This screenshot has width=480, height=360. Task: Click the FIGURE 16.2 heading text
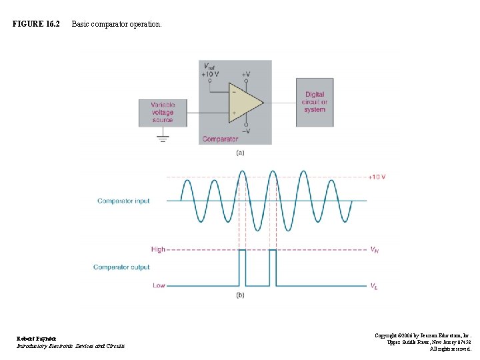[x=36, y=25]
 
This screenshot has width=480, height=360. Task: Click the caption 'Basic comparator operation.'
[x=116, y=25]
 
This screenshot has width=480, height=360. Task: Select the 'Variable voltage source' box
[x=163, y=113]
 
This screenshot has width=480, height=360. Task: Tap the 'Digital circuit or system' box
[x=315, y=102]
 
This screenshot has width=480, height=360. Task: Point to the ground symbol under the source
[x=163, y=139]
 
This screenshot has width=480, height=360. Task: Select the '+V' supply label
[x=247, y=74]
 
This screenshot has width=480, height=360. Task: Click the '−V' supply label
[x=247, y=131]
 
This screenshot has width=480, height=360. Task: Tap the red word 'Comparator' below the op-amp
[x=220, y=139]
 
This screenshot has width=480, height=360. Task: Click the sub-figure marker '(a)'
[x=240, y=153]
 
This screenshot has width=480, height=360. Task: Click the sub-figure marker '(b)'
[x=240, y=295]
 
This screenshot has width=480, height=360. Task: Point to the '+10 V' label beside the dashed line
[x=377, y=177]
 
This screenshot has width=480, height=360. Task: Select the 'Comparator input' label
[x=123, y=201]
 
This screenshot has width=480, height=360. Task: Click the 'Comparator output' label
[x=121, y=267]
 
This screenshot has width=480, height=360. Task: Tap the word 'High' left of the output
[x=158, y=249]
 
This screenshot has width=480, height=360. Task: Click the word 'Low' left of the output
[x=159, y=285]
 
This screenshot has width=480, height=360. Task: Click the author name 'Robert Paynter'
[x=37, y=339]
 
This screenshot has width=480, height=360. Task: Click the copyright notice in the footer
[x=423, y=342]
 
